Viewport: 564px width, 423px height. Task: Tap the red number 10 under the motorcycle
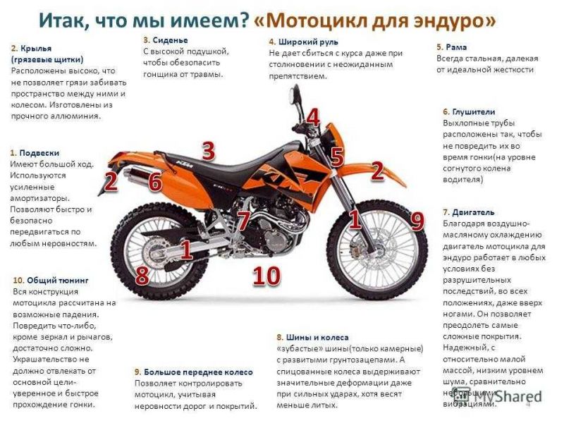[x=266, y=276]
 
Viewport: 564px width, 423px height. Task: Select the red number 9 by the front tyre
[x=417, y=222]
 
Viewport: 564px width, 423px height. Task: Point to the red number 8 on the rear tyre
[x=142, y=275]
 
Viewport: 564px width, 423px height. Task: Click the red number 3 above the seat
[x=208, y=150]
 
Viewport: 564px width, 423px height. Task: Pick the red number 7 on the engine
[x=243, y=221]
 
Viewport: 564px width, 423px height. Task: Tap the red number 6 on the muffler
[x=155, y=182]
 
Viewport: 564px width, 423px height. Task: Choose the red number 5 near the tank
[x=337, y=157]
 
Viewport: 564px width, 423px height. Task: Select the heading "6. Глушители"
[x=469, y=111]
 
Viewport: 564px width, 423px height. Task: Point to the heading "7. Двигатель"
[x=468, y=211]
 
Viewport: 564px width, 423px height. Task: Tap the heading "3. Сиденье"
[x=166, y=40]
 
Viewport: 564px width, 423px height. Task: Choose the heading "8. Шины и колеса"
[x=312, y=337]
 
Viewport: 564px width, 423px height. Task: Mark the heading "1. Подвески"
[x=35, y=152]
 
